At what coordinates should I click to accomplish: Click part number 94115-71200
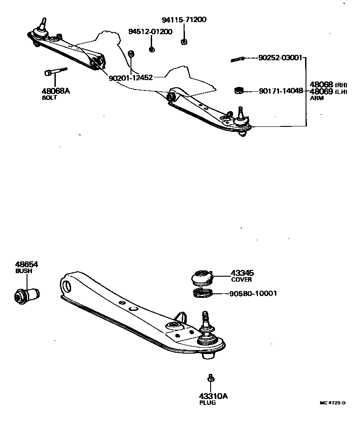(184, 20)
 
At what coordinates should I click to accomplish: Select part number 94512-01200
(150, 32)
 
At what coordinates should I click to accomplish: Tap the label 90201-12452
(131, 77)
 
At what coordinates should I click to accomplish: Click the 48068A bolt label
(56, 91)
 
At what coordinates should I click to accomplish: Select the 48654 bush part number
(27, 265)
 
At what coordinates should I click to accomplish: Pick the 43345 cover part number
(242, 273)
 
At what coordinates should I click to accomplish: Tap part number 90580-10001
(253, 294)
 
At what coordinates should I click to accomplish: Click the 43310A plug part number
(213, 396)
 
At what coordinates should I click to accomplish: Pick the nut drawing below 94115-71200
(184, 42)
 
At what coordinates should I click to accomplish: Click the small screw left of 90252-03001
(237, 59)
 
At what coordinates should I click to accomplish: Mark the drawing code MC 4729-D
(332, 403)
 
